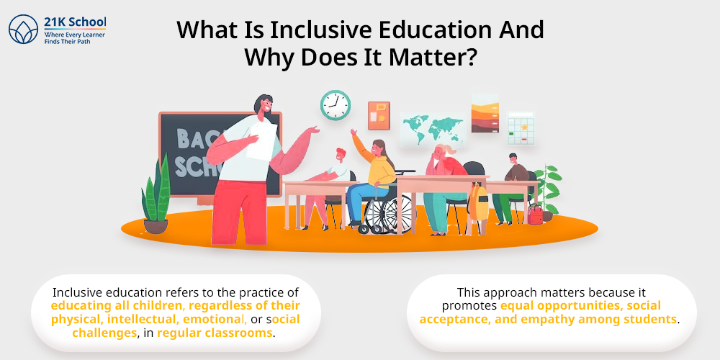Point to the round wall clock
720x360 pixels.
(335, 104)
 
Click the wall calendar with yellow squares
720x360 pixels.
(520, 127)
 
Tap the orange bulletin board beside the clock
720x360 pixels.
(379, 115)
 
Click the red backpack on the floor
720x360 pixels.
(535, 213)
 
